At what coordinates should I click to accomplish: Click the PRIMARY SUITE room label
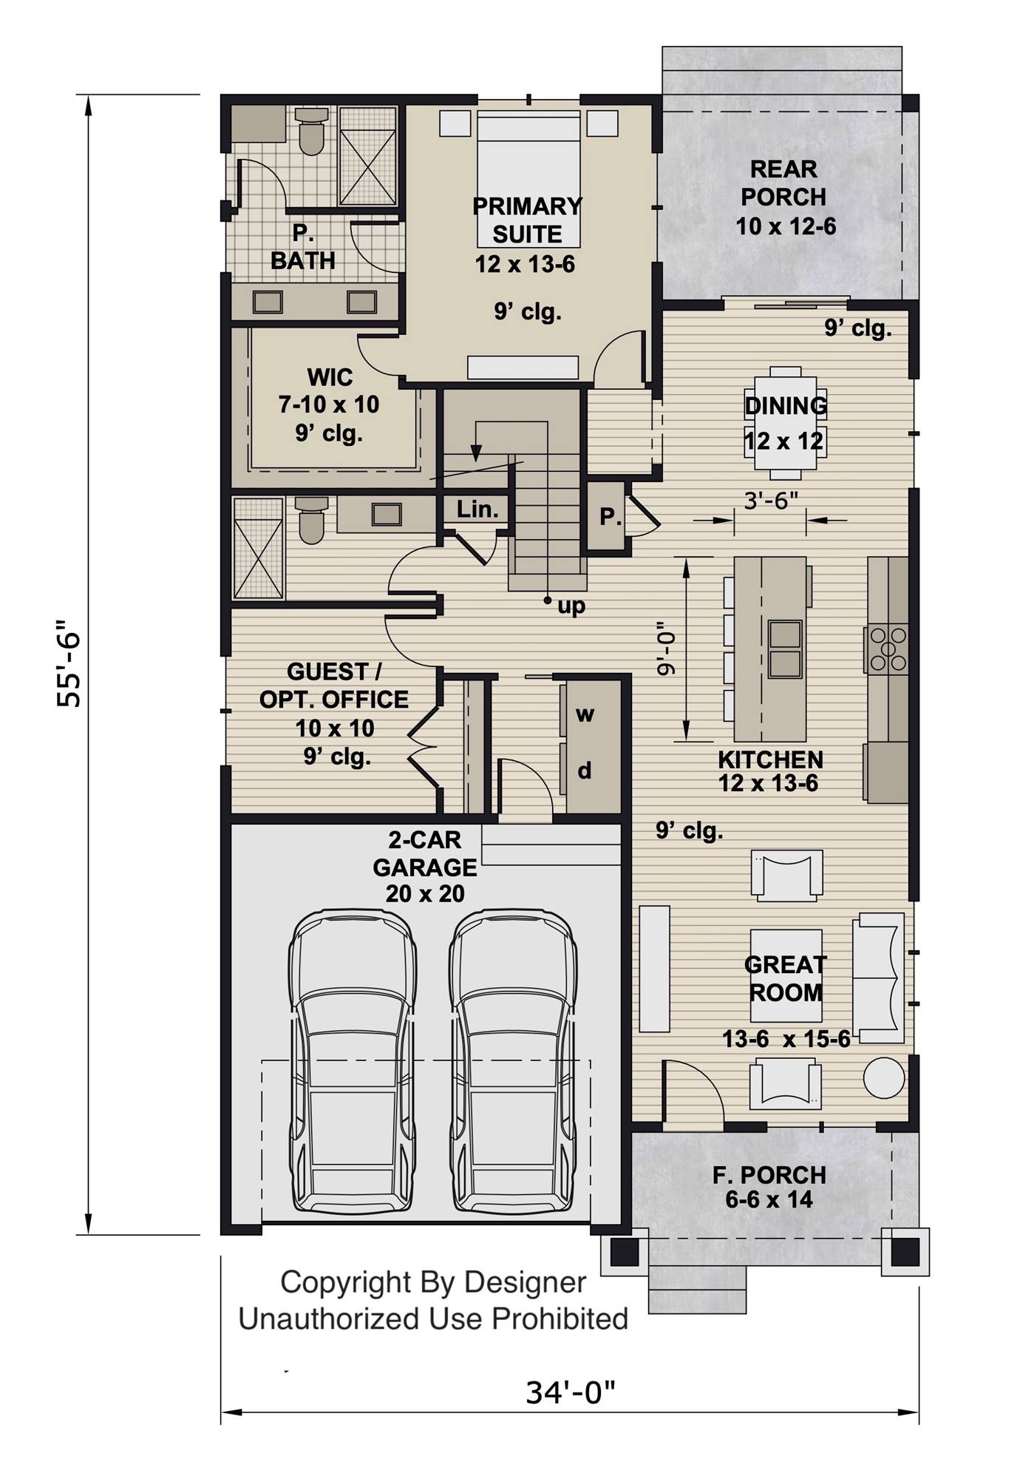527,220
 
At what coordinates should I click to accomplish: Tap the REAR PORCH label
783,183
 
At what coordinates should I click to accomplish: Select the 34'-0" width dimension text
570,1392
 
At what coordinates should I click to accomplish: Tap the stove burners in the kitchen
887,649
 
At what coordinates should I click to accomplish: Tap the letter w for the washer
585,714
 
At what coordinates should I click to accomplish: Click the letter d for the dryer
585,771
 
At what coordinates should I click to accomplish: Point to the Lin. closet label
477,509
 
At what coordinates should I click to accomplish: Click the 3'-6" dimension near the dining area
771,501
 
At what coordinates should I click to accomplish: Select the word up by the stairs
571,606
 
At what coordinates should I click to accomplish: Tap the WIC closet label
330,377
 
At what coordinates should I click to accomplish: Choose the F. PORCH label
769,1174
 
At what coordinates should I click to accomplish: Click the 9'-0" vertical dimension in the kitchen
666,649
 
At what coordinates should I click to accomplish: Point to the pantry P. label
610,517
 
